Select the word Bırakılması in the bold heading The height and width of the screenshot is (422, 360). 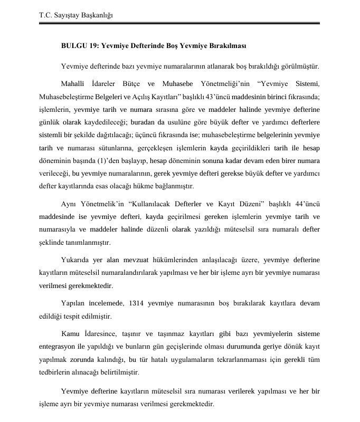coord(227,46)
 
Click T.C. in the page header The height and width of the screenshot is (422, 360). coord(46,15)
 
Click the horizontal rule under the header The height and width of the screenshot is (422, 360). coord(179,24)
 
